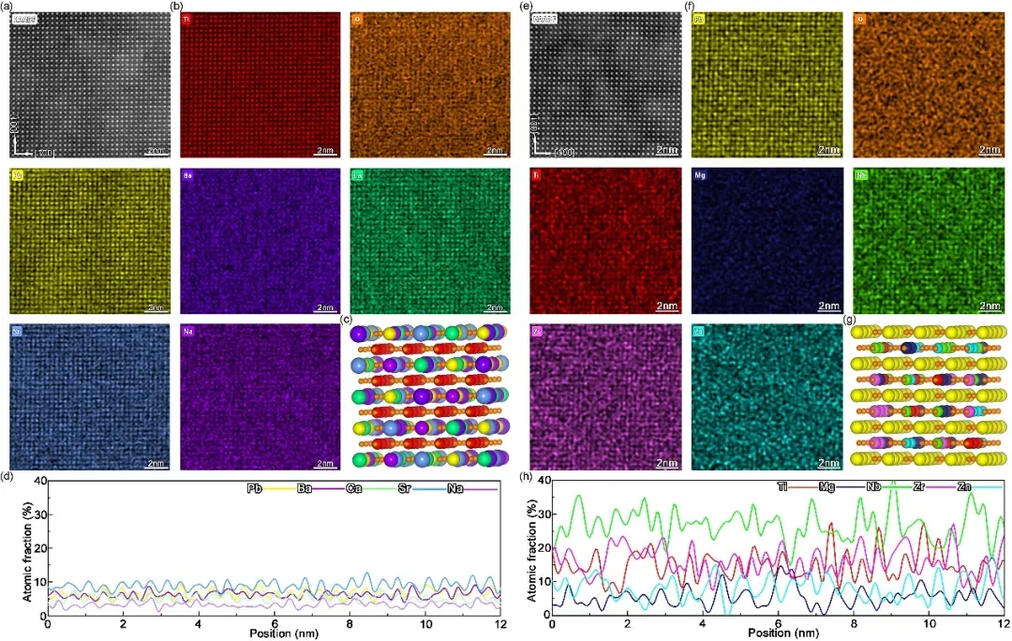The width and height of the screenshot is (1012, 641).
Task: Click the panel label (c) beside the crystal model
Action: tap(349, 320)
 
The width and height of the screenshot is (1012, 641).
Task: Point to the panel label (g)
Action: tap(850, 320)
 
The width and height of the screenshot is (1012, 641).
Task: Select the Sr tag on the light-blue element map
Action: tap(19, 330)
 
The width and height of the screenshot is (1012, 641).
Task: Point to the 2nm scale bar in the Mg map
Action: tap(828, 306)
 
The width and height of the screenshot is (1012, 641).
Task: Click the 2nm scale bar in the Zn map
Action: tap(828, 461)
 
